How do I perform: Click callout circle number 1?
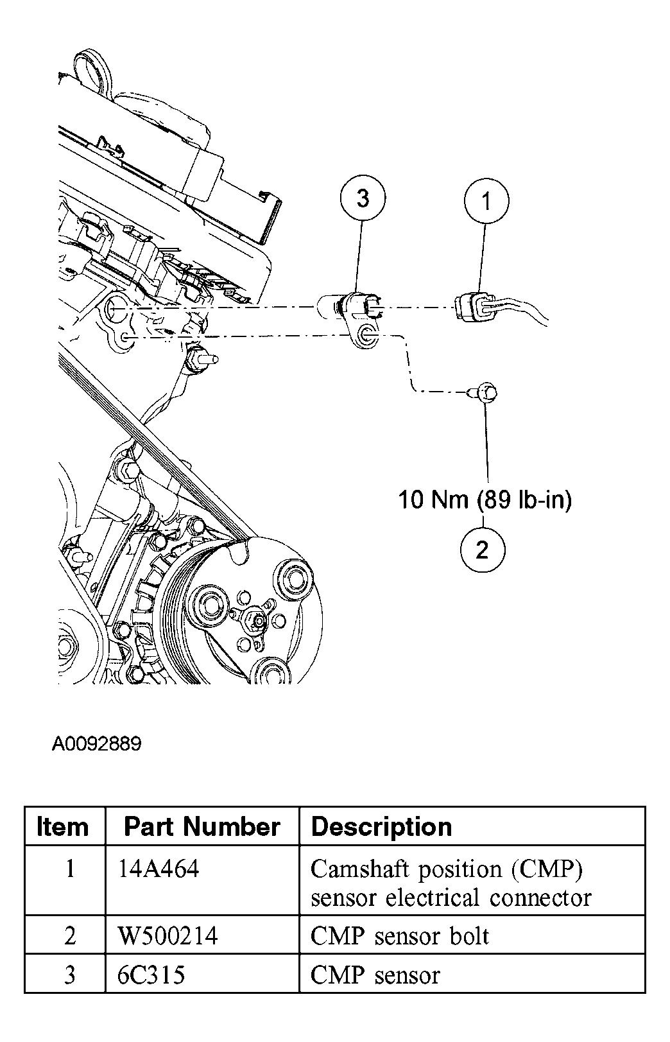(x=486, y=202)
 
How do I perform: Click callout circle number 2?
(x=483, y=549)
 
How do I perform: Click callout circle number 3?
(x=363, y=198)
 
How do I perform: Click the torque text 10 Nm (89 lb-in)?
(x=485, y=499)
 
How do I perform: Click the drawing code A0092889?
(x=96, y=744)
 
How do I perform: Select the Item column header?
(x=63, y=826)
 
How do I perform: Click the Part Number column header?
(x=202, y=826)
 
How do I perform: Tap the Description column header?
(x=381, y=826)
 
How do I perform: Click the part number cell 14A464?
(x=159, y=869)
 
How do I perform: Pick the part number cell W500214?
(x=167, y=936)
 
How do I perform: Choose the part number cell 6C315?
(x=151, y=975)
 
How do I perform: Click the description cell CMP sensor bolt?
(x=399, y=936)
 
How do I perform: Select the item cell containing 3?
(x=70, y=975)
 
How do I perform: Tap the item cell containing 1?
(x=70, y=869)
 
